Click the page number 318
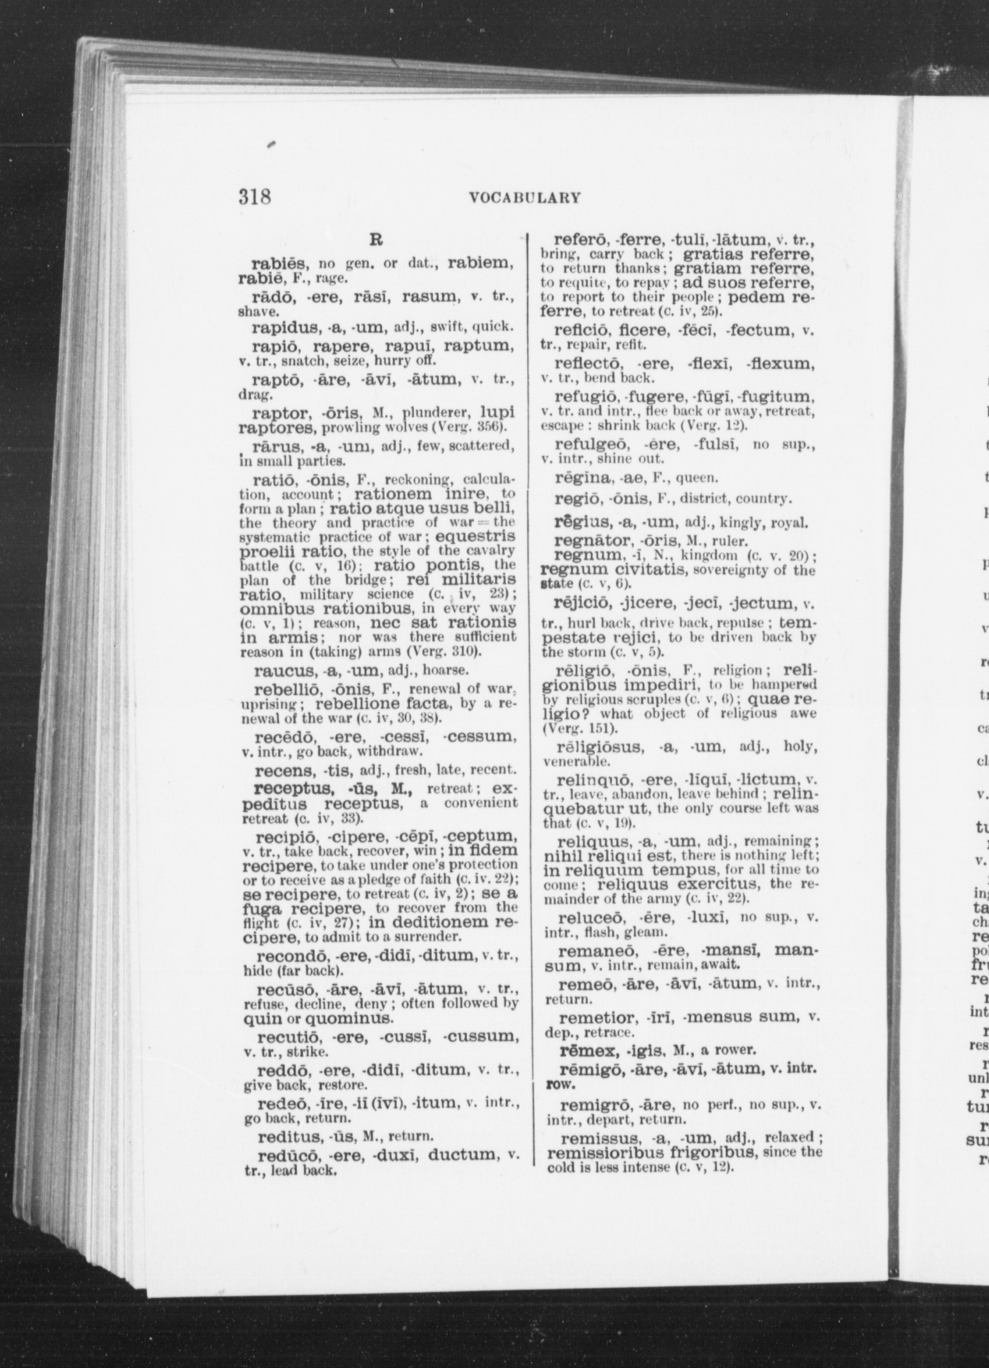[254, 197]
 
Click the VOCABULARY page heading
[524, 198]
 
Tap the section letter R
[375, 240]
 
